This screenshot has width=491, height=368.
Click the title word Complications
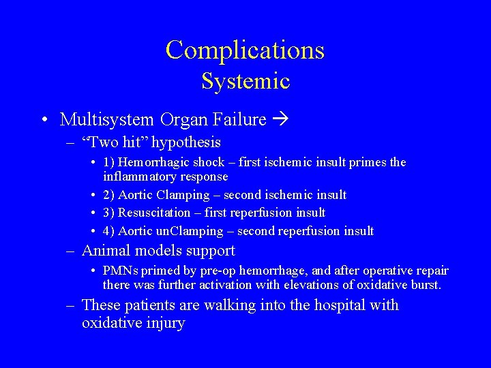point(245,50)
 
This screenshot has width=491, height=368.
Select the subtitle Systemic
point(245,82)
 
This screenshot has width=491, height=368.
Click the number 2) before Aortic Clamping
point(109,196)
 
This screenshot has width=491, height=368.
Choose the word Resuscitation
point(156,213)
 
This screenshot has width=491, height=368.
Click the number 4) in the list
point(109,231)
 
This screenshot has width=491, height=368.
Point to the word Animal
point(104,251)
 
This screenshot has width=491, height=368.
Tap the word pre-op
point(215,271)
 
